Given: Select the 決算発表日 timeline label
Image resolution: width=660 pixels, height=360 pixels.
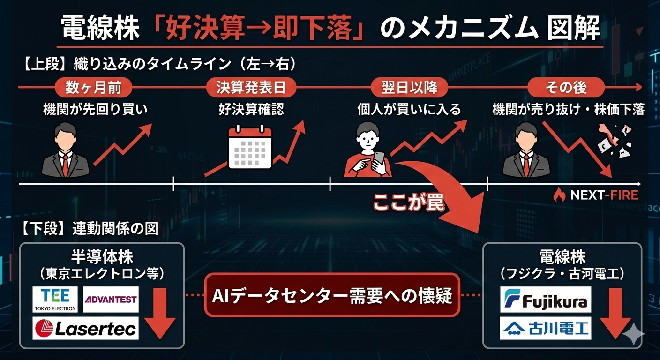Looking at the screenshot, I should point(251,87).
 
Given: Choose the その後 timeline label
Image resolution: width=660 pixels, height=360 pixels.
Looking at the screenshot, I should point(566,87).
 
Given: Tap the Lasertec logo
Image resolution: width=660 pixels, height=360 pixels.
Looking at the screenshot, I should point(85,328).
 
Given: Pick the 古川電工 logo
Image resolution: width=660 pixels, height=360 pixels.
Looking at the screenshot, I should point(546,328).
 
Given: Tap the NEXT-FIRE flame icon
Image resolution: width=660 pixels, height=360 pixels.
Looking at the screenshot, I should point(559,194).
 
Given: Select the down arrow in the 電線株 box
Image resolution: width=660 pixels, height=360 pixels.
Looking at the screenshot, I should point(616,313).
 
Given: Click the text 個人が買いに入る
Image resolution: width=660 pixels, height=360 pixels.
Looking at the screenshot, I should point(409,110).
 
